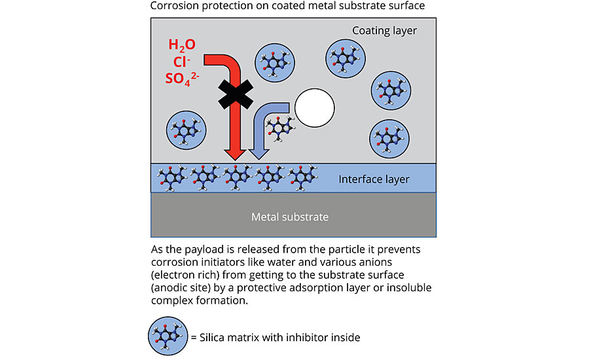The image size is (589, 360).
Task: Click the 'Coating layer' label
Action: click(384, 30)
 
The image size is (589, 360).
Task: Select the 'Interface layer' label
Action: click(374, 179)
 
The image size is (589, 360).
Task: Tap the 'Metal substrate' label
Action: click(290, 216)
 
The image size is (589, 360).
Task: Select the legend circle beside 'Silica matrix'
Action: click(168, 336)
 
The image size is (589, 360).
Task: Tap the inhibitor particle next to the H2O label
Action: click(274, 62)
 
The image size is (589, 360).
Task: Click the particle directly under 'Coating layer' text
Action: click(346, 54)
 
